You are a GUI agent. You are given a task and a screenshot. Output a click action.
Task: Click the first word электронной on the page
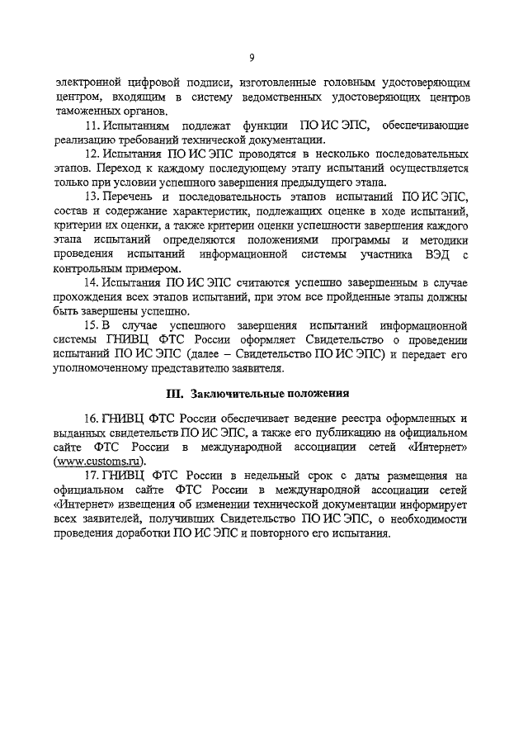click(89, 83)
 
